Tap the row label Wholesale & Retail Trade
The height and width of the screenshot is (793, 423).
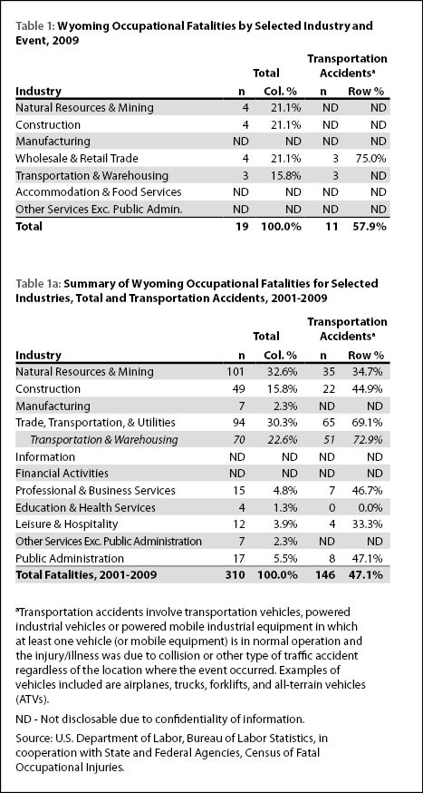77,158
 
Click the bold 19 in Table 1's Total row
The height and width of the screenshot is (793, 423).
242,226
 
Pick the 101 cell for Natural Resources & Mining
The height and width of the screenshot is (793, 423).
236,372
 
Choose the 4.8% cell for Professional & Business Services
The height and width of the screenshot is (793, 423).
285,490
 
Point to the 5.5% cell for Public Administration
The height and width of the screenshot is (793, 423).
285,558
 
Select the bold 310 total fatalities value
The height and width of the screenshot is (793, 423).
236,575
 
